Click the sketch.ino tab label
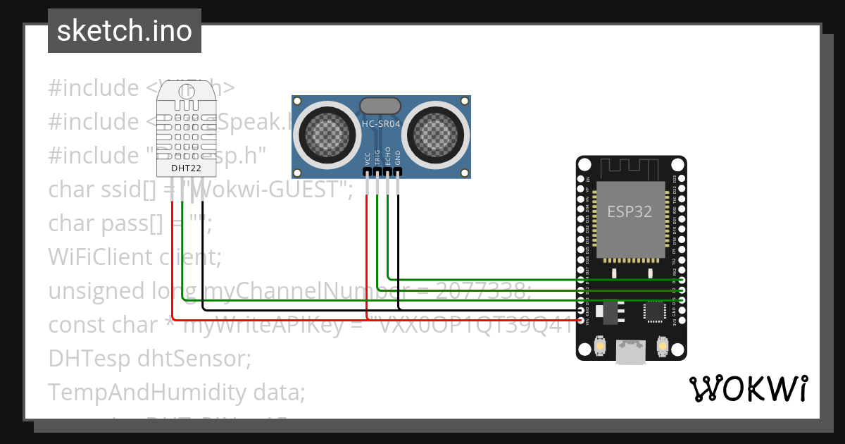click(x=124, y=31)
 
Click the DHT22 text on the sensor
click(x=186, y=169)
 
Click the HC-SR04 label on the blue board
click(x=381, y=123)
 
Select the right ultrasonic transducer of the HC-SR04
click(x=438, y=131)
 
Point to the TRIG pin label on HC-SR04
click(x=377, y=156)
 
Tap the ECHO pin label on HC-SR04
click(x=388, y=156)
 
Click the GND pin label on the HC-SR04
click(x=398, y=157)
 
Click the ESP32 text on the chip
click(x=630, y=211)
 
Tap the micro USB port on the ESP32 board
click(x=632, y=352)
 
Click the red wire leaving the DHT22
click(x=172, y=261)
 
